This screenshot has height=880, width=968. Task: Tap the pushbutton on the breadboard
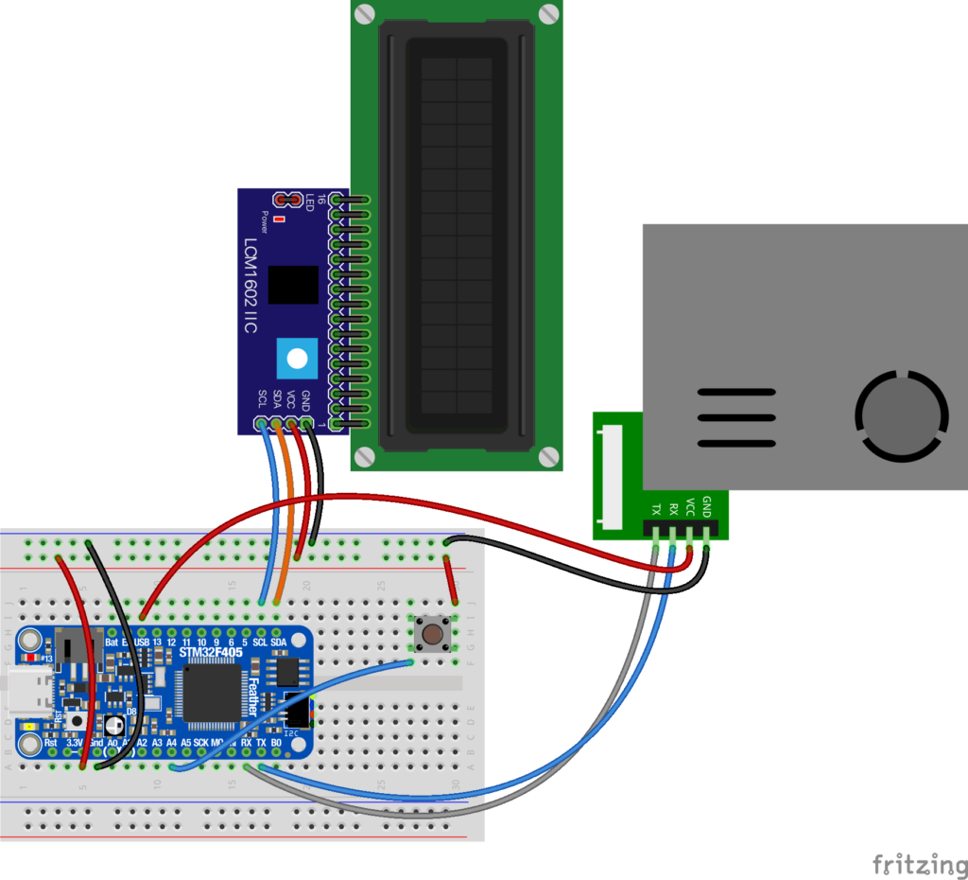(x=434, y=633)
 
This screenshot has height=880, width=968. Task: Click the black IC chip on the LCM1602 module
(x=293, y=285)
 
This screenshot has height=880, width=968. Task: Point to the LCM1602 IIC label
(x=251, y=284)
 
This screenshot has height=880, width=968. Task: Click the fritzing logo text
(x=912, y=863)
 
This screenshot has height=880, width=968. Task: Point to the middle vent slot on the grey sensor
(x=736, y=417)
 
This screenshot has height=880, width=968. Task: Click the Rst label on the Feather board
(x=51, y=744)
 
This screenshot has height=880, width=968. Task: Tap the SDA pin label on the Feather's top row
(x=279, y=642)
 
